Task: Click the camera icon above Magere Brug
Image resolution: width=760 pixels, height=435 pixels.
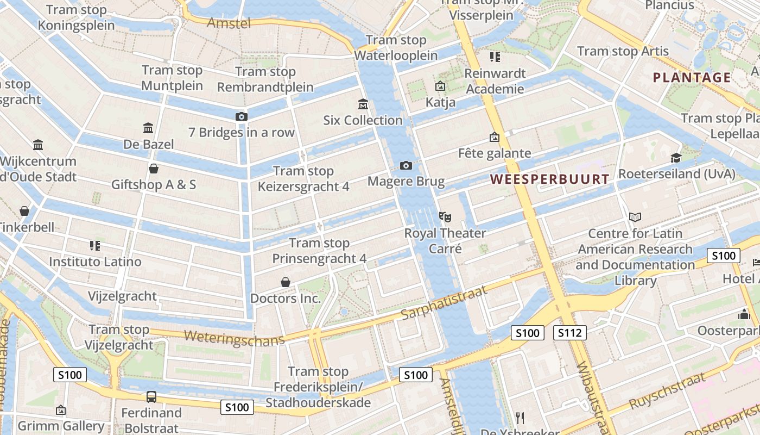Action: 406,165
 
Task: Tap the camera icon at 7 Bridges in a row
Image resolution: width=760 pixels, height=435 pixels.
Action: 242,116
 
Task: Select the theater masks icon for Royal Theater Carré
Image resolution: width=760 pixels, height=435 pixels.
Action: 445,217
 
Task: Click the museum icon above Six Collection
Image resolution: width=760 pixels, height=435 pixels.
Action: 363,104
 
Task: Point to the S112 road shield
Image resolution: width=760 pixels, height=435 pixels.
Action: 570,333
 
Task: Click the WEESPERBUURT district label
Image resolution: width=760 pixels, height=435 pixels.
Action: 550,179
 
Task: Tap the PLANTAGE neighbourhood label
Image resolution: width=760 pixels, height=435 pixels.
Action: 692,77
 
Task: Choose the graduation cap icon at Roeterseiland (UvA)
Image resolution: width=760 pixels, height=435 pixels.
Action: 676,158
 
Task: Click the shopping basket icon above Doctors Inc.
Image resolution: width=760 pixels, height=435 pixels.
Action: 286,282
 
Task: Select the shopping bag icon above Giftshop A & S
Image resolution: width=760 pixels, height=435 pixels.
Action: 154,169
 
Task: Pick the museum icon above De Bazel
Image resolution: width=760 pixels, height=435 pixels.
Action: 148,128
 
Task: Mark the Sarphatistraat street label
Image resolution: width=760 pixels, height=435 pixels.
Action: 444,302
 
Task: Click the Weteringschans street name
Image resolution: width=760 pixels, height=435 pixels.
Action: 234,338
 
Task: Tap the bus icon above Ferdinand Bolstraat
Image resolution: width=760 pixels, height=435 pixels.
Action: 151,397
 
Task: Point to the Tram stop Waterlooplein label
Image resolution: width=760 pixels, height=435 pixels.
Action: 396,48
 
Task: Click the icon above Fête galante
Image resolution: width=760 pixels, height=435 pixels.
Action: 494,137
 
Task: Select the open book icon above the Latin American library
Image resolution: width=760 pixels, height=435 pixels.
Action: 635,217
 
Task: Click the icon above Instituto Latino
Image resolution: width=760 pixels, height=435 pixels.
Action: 95,246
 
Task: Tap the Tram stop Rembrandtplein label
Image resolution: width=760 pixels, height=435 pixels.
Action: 265,79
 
